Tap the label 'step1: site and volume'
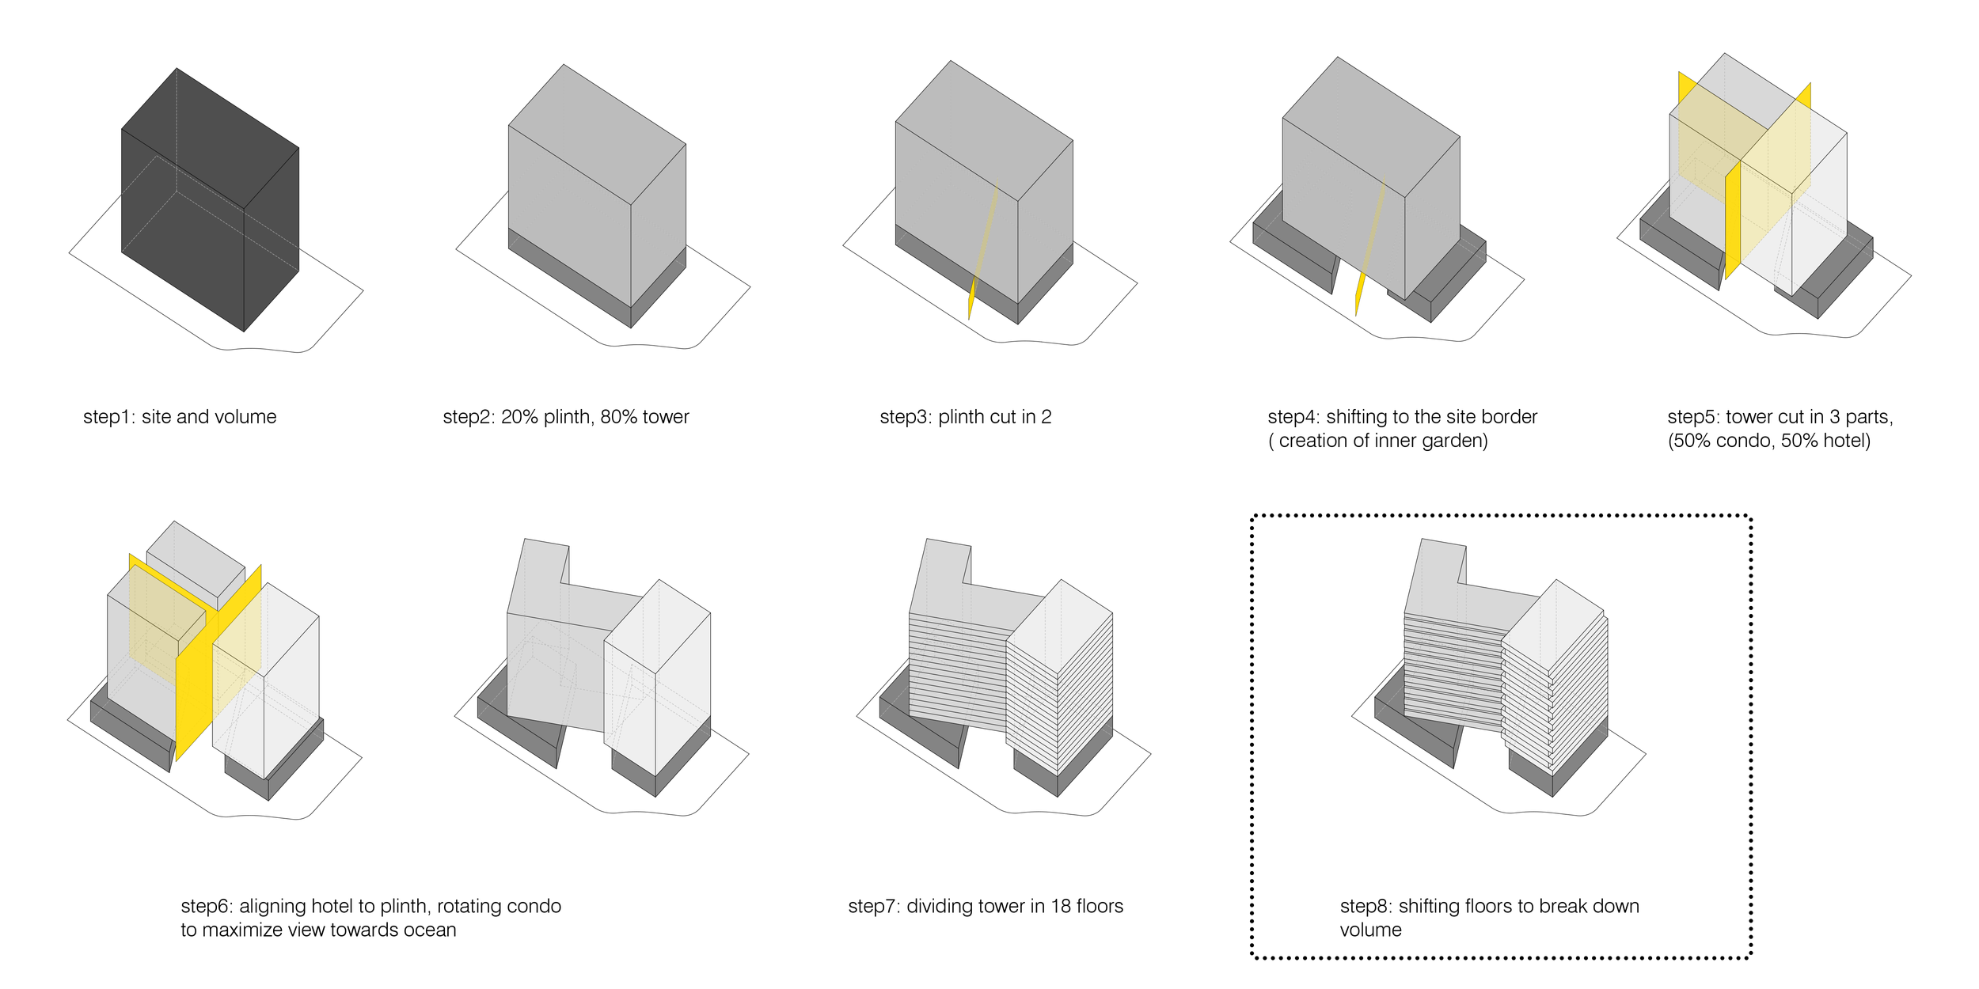click(x=180, y=417)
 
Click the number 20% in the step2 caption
click(x=519, y=417)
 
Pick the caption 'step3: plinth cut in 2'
click(x=965, y=417)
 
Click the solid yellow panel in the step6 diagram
click(x=194, y=696)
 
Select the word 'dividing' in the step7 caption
click(x=940, y=906)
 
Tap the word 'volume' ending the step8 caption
click(x=1370, y=930)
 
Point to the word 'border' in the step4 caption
click(x=1508, y=417)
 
